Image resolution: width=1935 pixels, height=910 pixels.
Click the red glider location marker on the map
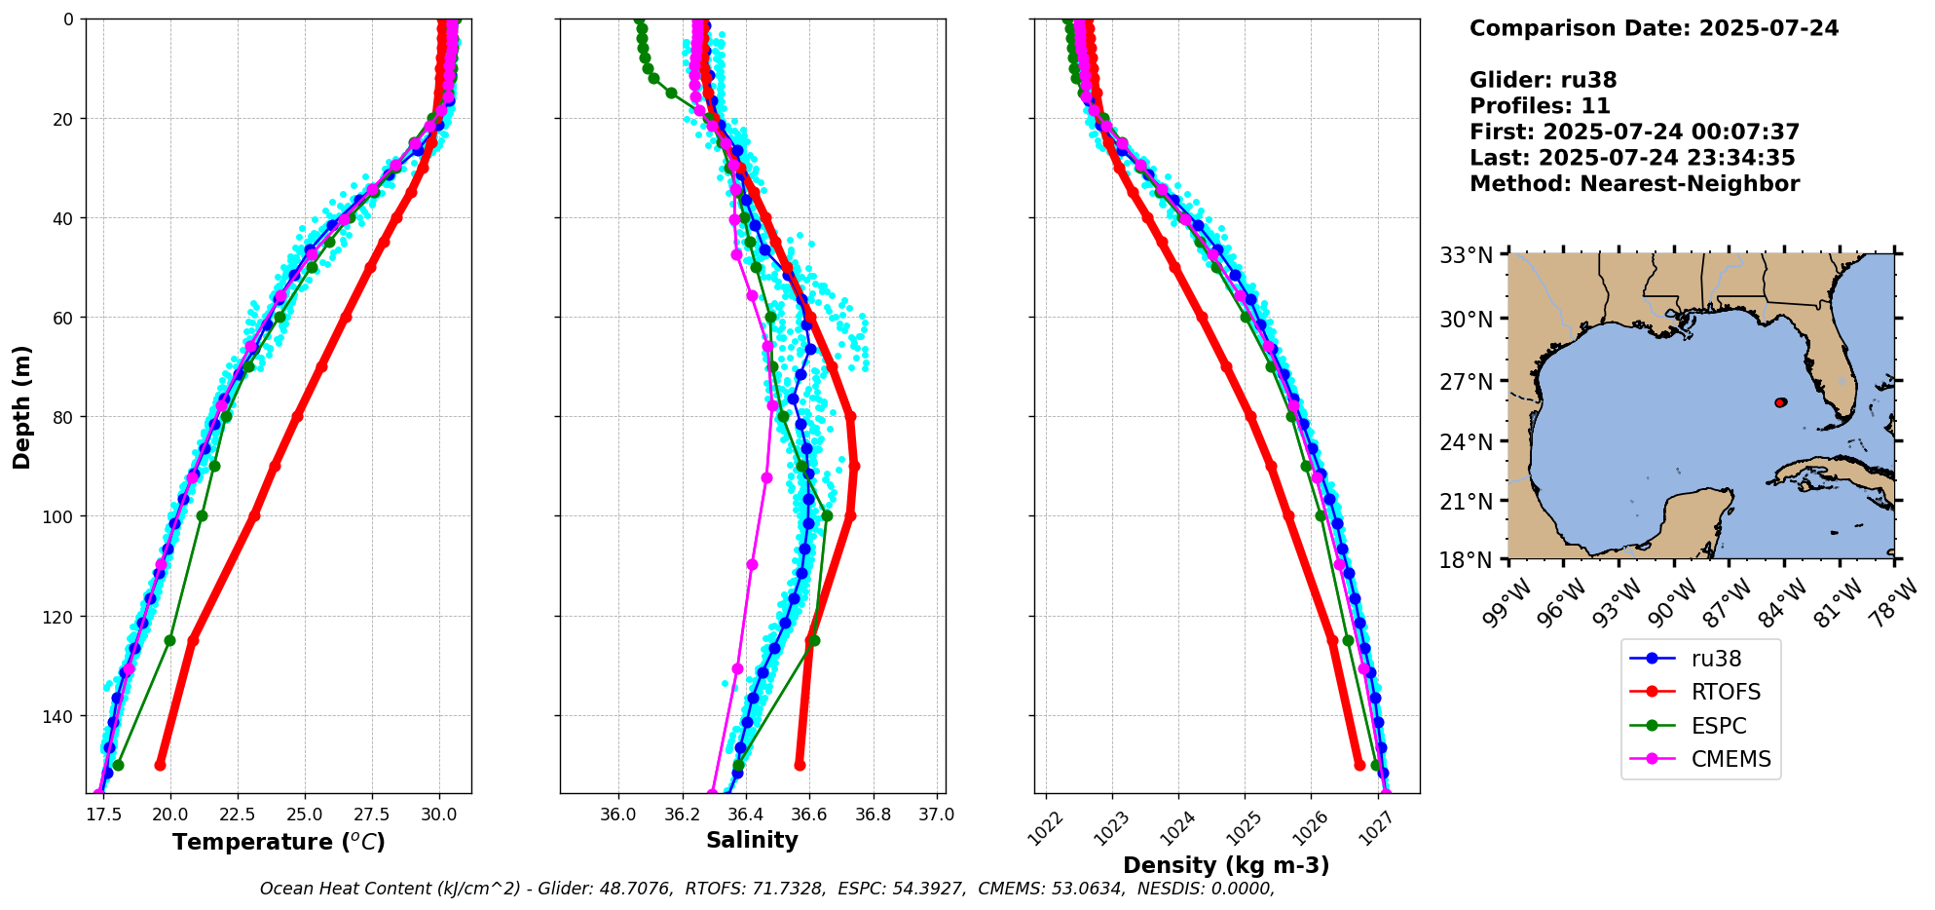point(1780,402)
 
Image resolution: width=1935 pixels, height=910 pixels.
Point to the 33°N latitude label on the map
point(1467,255)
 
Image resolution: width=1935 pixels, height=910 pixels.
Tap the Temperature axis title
point(279,842)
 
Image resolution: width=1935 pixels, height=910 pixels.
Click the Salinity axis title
point(752,841)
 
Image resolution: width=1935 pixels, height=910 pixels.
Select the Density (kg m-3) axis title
point(1226,865)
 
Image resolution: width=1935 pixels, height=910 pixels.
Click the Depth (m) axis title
point(22,406)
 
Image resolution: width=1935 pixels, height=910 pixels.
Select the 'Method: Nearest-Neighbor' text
point(1634,183)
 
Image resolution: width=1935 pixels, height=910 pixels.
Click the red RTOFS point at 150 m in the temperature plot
point(161,765)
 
